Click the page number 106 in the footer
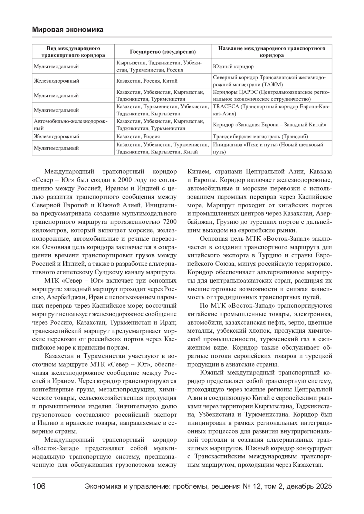(39, 486)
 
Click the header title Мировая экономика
(67, 30)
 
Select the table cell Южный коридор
(233, 66)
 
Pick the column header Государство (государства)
(163, 52)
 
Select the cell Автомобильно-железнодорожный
(70, 125)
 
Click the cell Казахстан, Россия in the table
(138, 137)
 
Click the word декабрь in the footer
(296, 486)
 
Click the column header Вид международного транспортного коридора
(73, 52)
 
